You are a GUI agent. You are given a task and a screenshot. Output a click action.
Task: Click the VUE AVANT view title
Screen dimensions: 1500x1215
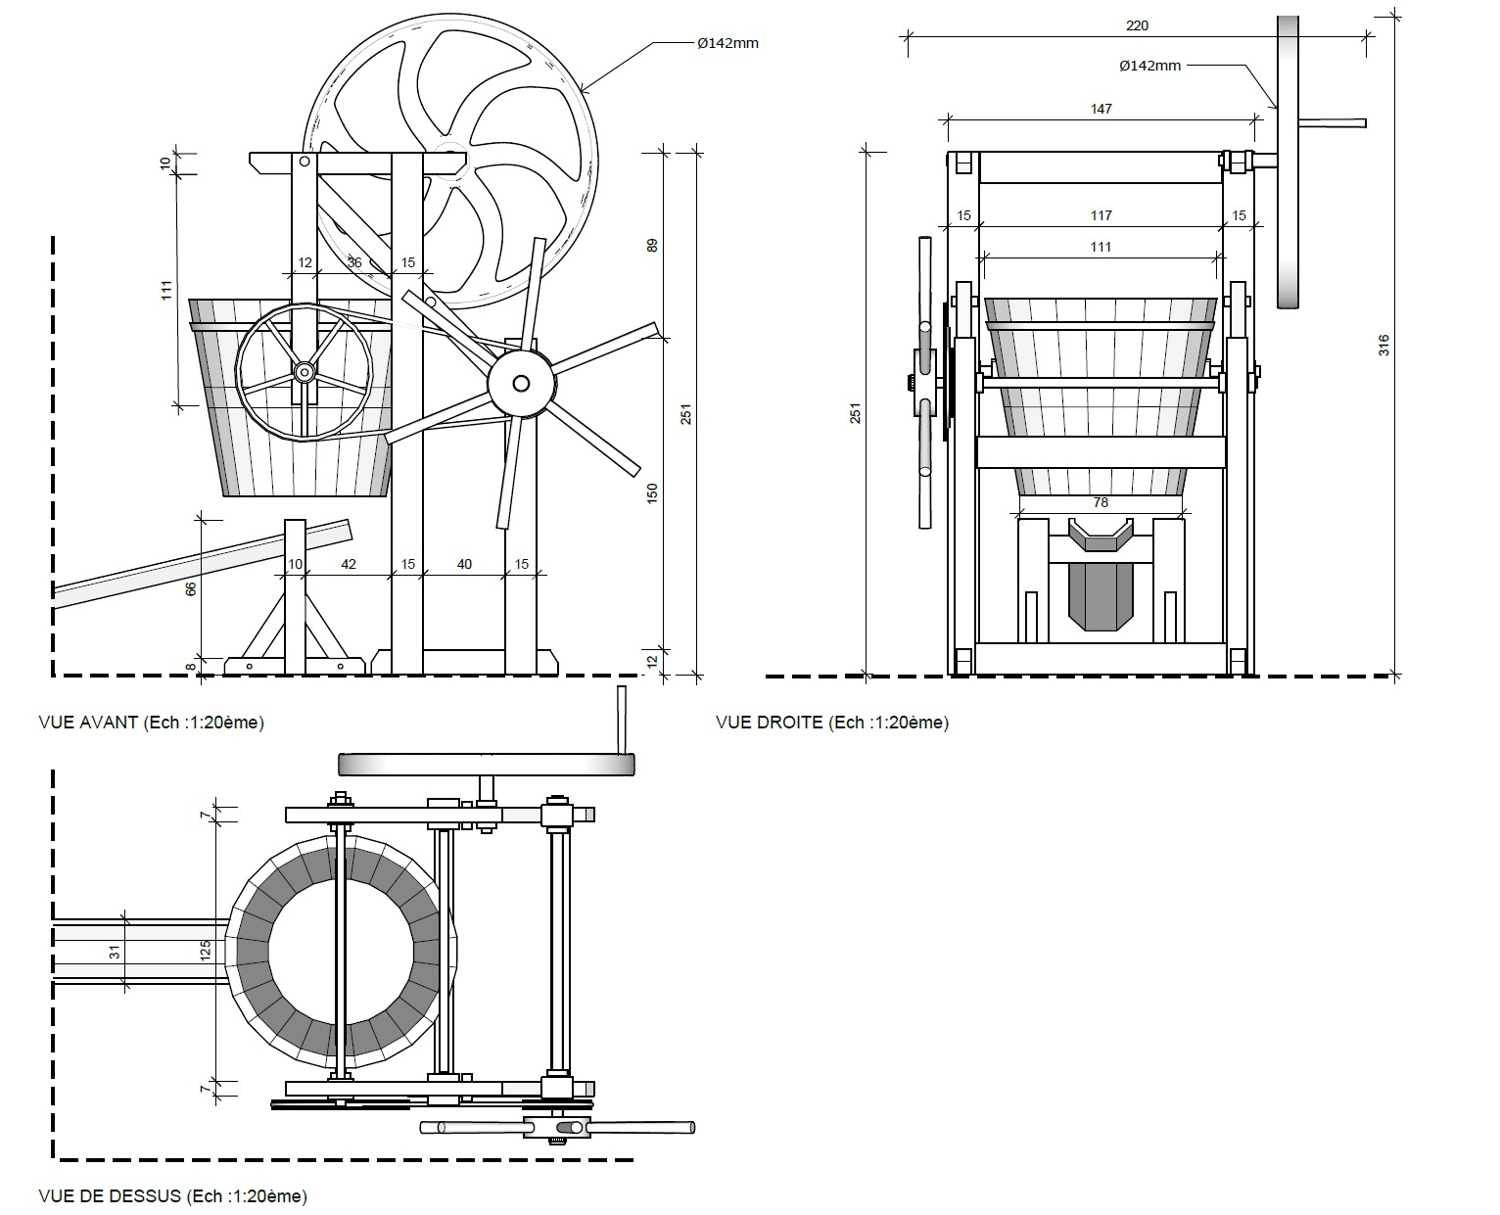[152, 723]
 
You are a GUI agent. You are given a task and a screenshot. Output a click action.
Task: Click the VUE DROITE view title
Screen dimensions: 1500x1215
[832, 723]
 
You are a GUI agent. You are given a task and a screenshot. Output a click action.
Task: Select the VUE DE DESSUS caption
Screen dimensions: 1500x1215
[172, 1196]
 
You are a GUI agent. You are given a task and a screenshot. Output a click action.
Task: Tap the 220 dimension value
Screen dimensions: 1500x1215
[1137, 26]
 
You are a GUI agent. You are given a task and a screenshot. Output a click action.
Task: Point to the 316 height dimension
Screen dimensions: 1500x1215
[1383, 345]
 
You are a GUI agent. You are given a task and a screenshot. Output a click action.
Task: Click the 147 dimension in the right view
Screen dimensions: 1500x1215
[1101, 109]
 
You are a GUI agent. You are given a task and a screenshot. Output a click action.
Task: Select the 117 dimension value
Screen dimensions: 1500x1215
[1101, 215]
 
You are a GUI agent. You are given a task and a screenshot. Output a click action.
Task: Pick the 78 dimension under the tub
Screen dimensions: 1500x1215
[1101, 502]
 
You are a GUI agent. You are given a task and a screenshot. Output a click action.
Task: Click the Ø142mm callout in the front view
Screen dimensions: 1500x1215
[727, 44]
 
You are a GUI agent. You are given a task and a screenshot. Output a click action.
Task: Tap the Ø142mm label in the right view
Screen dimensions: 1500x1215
[1149, 67]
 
